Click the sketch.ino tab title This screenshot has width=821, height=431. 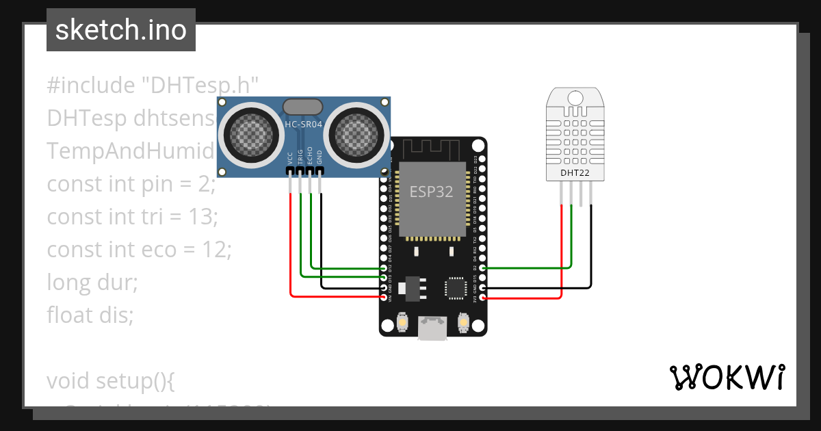point(121,30)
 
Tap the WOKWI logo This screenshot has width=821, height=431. point(726,377)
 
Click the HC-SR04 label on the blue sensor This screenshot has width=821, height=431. point(303,124)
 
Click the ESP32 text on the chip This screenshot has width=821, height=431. point(431,192)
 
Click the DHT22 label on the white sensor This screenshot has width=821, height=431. point(575,173)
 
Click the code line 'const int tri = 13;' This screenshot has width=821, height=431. point(132,217)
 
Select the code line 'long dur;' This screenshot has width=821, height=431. point(92,282)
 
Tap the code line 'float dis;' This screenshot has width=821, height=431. point(90,315)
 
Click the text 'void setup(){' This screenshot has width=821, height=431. point(111,380)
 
